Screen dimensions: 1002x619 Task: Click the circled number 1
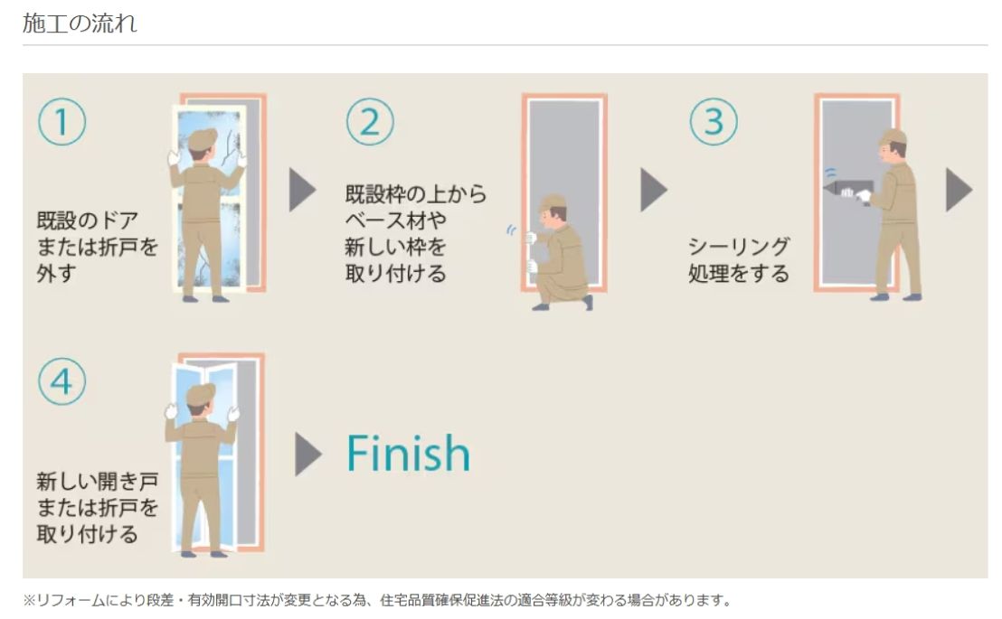tap(62, 121)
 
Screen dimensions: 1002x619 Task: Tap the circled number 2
tap(370, 121)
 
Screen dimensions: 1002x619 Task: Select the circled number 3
tap(714, 121)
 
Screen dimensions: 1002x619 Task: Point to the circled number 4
tap(62, 381)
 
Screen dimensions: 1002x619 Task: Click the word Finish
tap(409, 453)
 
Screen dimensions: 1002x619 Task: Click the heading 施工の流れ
tap(80, 23)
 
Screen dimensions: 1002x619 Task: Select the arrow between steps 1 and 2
tap(302, 190)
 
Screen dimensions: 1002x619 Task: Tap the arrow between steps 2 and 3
tap(654, 190)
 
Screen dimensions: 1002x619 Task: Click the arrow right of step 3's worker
tap(959, 190)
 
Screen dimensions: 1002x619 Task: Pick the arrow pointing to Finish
tap(308, 455)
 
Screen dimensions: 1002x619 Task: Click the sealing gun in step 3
tap(848, 190)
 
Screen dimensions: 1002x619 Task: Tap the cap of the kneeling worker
tap(553, 203)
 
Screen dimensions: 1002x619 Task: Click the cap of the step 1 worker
tap(203, 138)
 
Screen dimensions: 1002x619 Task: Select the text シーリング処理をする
tap(739, 260)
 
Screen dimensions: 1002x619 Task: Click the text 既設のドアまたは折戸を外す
tap(97, 247)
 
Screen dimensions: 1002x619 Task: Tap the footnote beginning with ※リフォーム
tap(377, 600)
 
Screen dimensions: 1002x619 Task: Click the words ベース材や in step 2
tap(395, 220)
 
